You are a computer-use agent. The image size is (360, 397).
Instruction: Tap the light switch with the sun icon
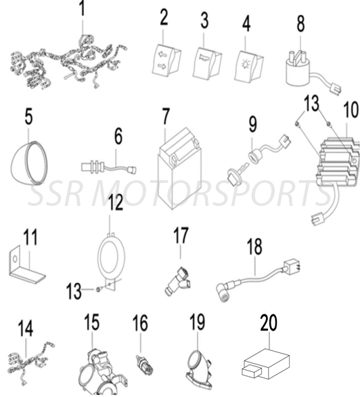tap(249, 66)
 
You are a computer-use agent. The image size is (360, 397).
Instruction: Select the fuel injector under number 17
tap(177, 282)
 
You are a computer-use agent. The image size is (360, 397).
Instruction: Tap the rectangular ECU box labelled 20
tap(266, 364)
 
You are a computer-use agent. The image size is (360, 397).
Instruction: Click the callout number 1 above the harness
tap(82, 8)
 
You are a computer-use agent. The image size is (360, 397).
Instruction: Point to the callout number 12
tap(116, 203)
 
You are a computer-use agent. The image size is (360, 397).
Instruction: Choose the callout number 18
tap(254, 246)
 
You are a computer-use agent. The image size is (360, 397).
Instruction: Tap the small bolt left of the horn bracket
tap(98, 290)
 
